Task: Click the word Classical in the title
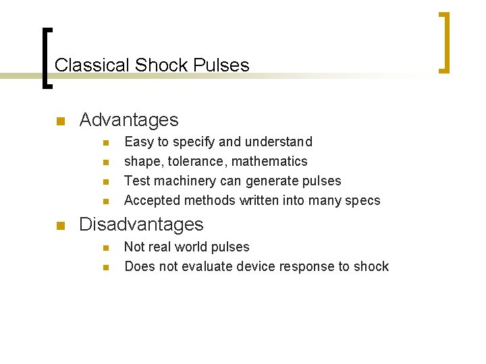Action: (92, 65)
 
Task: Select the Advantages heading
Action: (129, 120)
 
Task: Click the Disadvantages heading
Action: (141, 224)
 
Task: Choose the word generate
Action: (270, 181)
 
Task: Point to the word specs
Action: (364, 201)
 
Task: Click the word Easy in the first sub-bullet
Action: (138, 142)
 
